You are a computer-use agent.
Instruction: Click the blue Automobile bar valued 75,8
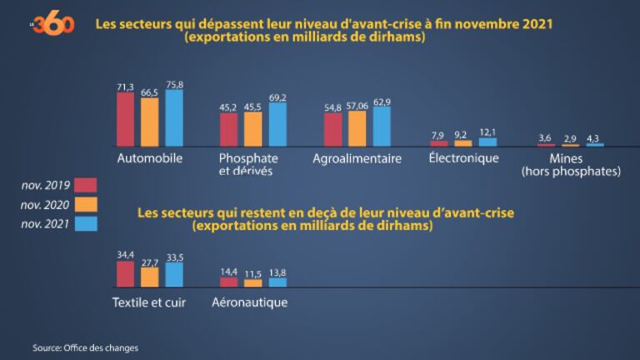click(x=174, y=117)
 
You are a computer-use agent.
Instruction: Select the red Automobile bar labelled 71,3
click(x=125, y=119)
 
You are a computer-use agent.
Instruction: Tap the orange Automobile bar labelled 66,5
click(x=150, y=122)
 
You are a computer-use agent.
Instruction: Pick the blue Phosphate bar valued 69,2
click(x=277, y=124)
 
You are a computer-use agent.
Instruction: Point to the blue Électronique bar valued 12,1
click(x=487, y=142)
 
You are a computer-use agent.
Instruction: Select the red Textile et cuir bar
click(x=125, y=274)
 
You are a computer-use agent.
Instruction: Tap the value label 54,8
click(x=332, y=107)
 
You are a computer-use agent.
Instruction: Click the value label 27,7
click(x=150, y=262)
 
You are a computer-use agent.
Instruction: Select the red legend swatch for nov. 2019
click(x=86, y=184)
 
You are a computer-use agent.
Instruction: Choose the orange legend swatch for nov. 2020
click(x=86, y=203)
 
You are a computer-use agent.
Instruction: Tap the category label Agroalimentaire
click(x=357, y=158)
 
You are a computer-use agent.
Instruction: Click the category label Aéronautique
click(x=250, y=302)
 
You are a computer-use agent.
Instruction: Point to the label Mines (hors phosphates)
click(x=571, y=165)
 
